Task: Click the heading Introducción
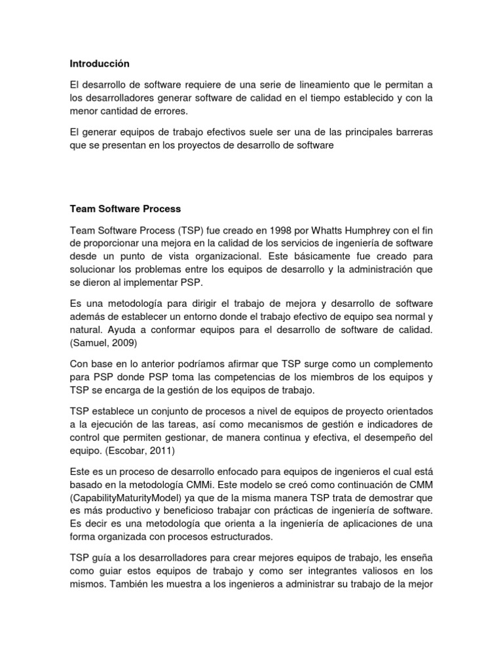click(100, 63)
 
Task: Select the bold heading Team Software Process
click(125, 209)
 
